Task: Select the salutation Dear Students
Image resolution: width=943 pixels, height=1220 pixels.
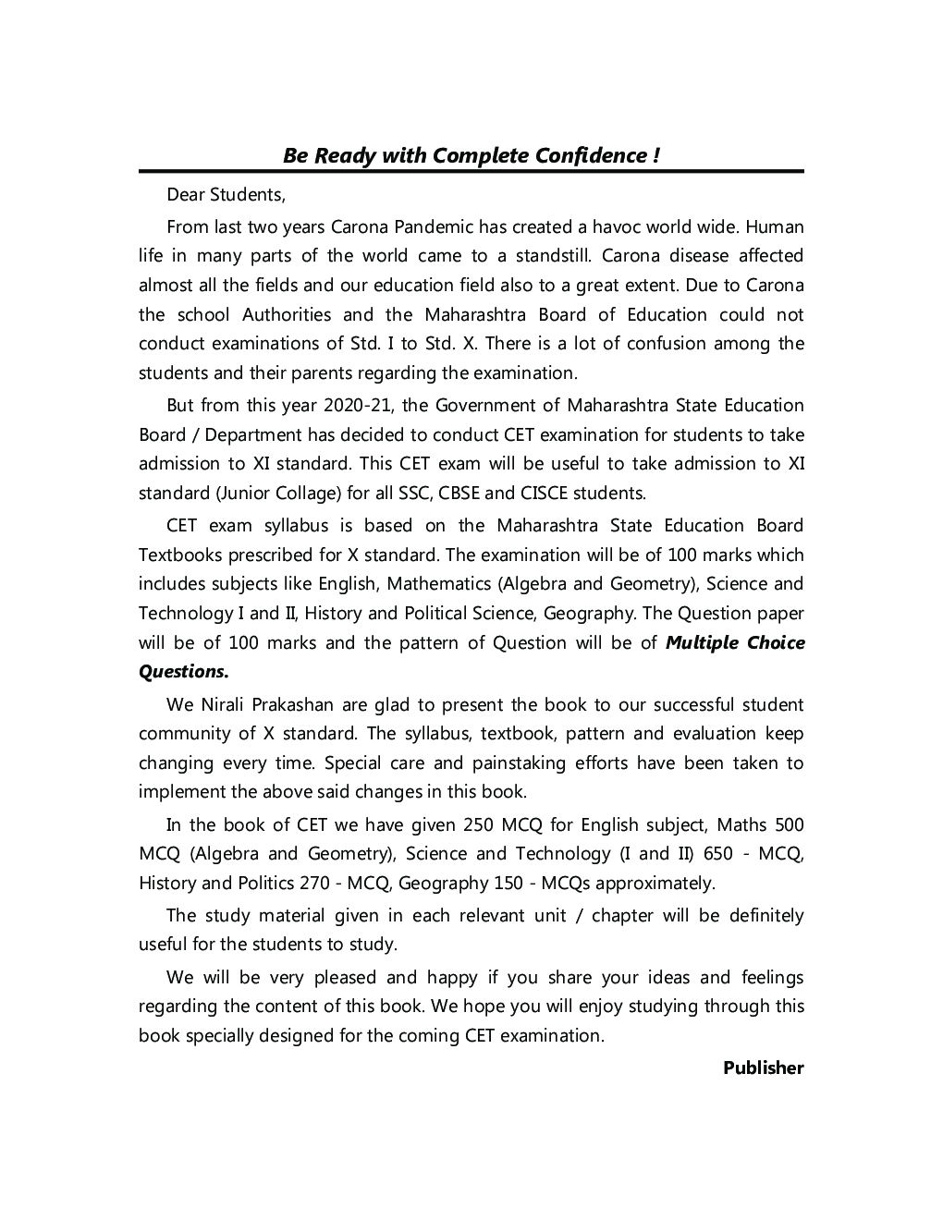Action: [x=226, y=195]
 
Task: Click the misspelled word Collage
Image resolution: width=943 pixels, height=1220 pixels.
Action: [x=302, y=494]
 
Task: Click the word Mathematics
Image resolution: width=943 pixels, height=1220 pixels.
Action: [x=439, y=584]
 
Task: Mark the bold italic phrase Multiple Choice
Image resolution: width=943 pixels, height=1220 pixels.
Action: [x=735, y=643]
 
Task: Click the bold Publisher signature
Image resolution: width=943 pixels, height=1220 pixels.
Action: [x=764, y=1068]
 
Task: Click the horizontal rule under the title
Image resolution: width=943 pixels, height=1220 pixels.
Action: [x=471, y=171]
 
